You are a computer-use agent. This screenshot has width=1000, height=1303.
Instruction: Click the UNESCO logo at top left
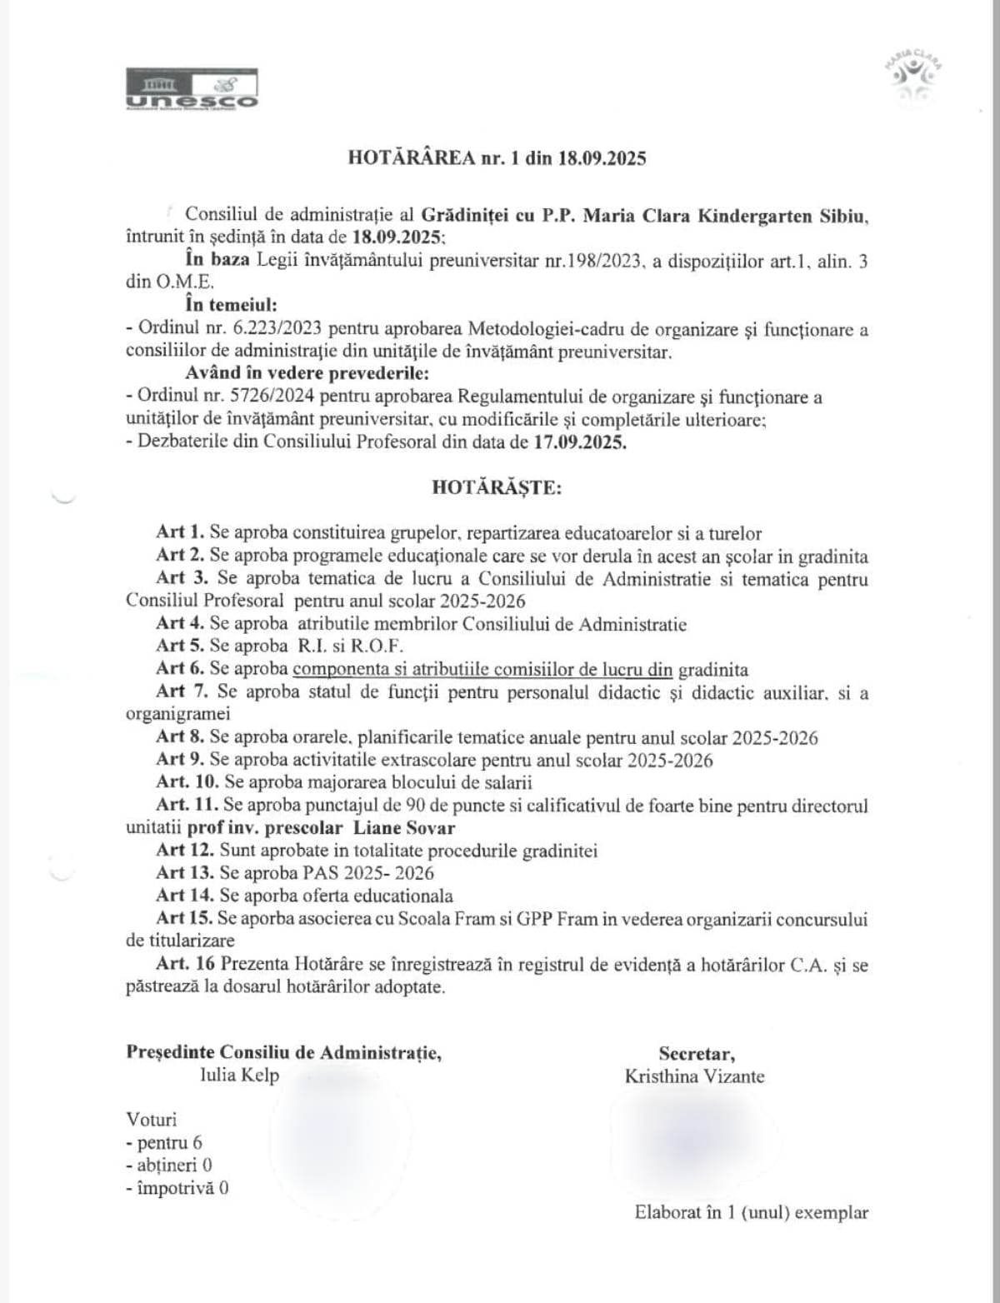[192, 89]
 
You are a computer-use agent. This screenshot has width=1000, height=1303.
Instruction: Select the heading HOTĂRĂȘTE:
[497, 487]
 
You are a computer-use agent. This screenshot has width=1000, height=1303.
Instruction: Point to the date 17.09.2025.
[579, 442]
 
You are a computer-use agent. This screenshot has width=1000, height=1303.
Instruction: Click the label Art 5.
[180, 646]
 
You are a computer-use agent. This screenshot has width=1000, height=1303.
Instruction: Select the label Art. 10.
[187, 782]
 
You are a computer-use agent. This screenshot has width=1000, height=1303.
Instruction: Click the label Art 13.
[184, 873]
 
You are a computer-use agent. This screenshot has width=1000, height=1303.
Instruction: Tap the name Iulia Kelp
[240, 1075]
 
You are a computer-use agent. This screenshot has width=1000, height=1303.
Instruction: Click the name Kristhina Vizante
[694, 1076]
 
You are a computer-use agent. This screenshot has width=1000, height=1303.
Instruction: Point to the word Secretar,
[697, 1053]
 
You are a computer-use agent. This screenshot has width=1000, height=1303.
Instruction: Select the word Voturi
[152, 1120]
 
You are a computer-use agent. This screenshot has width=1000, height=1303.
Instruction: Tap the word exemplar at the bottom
[832, 1213]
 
